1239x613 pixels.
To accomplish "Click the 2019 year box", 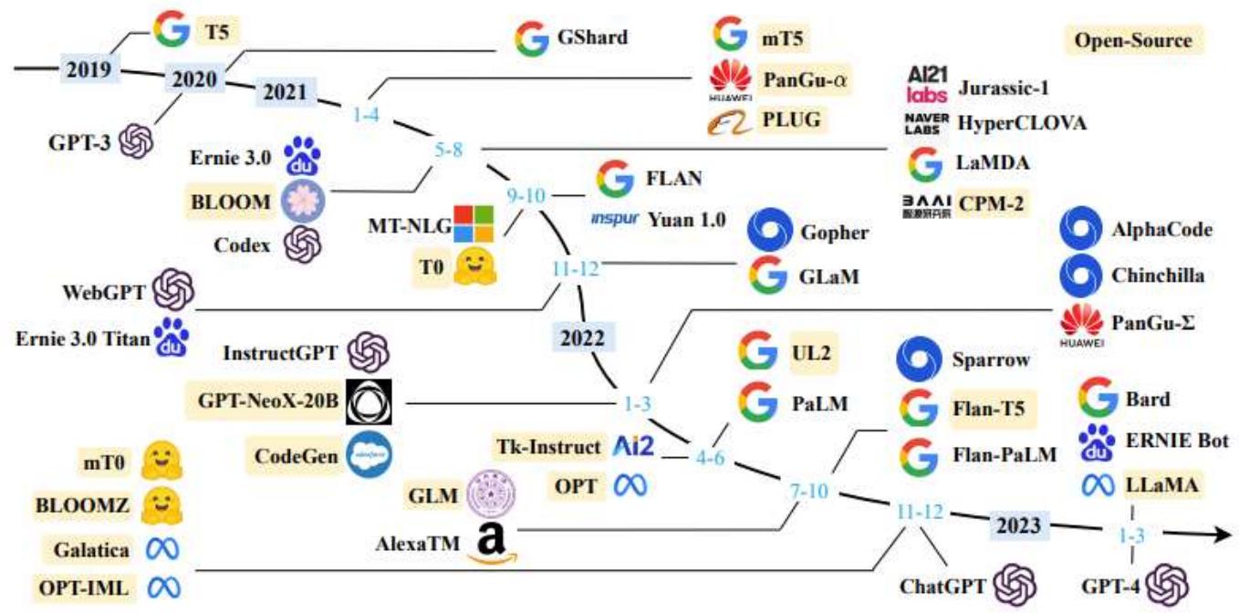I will point(88,68).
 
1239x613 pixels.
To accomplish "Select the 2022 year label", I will point(583,338).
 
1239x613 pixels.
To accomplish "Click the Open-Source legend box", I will point(1133,41).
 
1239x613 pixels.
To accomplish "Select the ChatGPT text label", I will point(942,585).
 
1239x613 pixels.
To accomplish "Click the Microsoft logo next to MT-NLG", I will point(474,224).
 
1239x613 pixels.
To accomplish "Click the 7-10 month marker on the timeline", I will point(808,493).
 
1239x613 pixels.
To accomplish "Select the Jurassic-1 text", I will point(1004,88).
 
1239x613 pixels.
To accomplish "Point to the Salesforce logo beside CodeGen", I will point(370,453).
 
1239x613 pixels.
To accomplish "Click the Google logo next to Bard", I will point(1098,399).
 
